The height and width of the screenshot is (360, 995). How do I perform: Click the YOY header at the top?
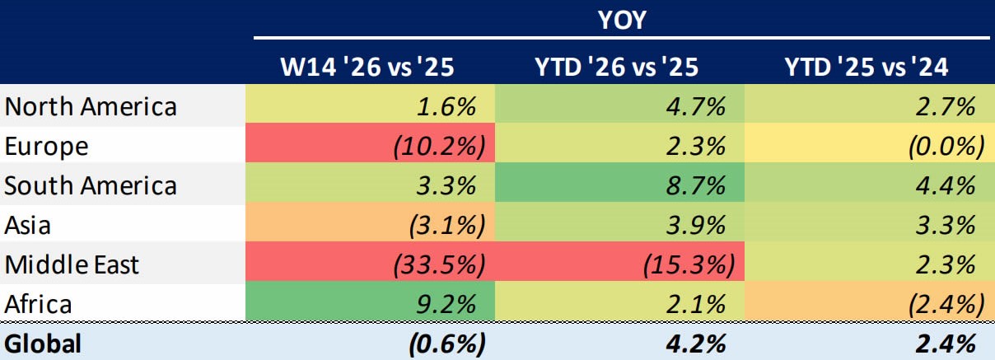click(x=621, y=20)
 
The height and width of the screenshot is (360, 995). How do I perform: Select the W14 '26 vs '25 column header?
click(x=371, y=67)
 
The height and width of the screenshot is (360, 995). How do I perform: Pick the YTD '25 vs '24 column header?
click(x=867, y=67)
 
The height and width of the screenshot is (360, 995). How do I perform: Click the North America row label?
click(x=91, y=107)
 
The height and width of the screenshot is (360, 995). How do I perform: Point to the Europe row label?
click(x=46, y=147)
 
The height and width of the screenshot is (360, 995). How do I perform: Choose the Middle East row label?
click(x=72, y=265)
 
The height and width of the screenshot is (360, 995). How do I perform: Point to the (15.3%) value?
click(x=687, y=265)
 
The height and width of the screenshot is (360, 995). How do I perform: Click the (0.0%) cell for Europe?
click(x=944, y=147)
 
